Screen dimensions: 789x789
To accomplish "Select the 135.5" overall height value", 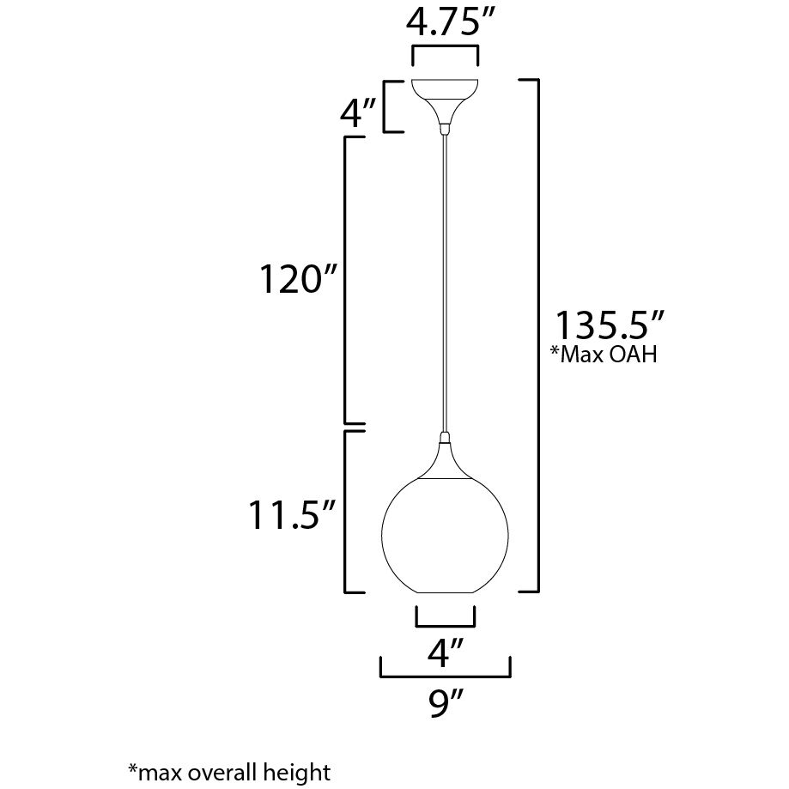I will (x=610, y=327).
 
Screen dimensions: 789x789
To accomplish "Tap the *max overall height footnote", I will (x=228, y=770).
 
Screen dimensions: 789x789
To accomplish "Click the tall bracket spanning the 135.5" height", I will (x=537, y=335).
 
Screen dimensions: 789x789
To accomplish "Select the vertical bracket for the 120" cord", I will (x=345, y=279).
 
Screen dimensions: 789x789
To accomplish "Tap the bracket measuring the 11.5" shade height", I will (x=345, y=512).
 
